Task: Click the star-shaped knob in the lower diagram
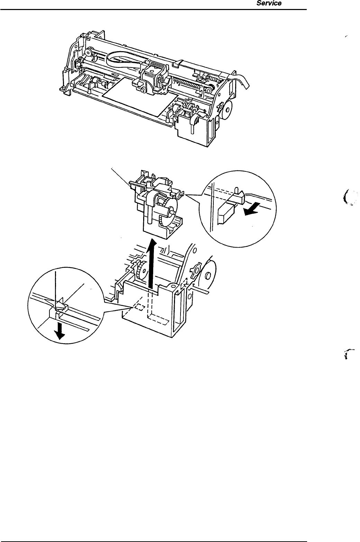195,270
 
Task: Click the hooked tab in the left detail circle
61,306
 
